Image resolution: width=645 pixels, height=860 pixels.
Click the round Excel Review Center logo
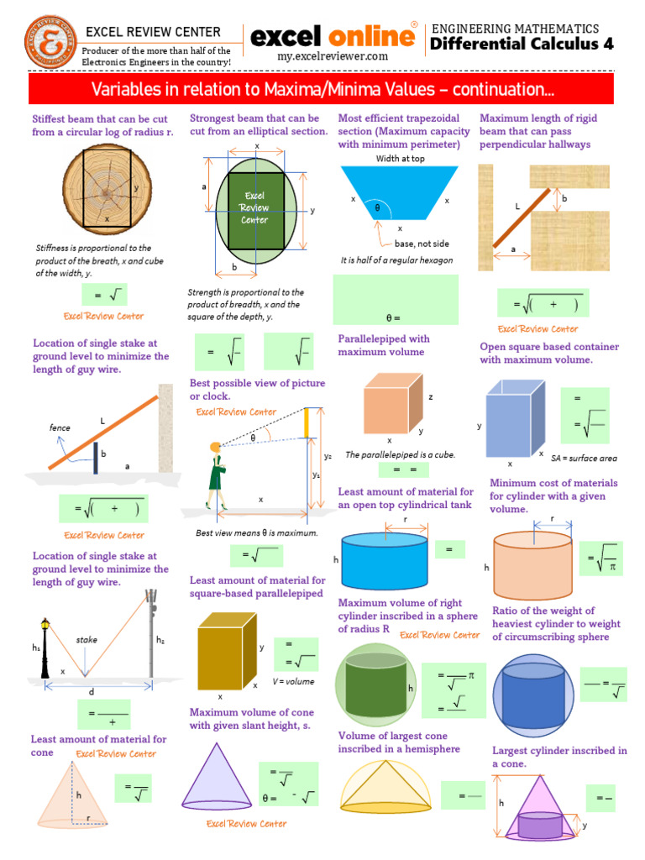coord(51,42)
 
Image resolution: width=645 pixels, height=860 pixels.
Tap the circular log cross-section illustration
coord(107,189)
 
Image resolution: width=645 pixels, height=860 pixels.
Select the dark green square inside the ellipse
coord(256,211)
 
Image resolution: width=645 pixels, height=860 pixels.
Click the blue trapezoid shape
coord(399,193)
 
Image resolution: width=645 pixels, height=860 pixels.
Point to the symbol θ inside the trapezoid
coord(377,208)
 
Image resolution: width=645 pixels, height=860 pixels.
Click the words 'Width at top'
coord(401,159)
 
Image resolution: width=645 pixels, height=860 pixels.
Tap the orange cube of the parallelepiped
coord(394,404)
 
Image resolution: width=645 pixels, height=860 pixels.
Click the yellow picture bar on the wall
coord(306,423)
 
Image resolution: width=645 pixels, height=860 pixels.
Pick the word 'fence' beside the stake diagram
coord(60,427)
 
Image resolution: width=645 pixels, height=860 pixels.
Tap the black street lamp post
coord(45,648)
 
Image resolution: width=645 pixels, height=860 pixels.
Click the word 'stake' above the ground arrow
coord(87,639)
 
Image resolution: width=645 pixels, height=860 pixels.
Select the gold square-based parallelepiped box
coord(227,651)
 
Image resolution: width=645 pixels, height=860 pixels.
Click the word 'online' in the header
coord(372,37)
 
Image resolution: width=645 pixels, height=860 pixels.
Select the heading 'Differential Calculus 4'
coord(522,44)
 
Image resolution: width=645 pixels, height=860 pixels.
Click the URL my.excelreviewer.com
coord(333,56)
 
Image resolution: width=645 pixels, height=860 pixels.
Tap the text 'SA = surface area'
coord(585,458)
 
